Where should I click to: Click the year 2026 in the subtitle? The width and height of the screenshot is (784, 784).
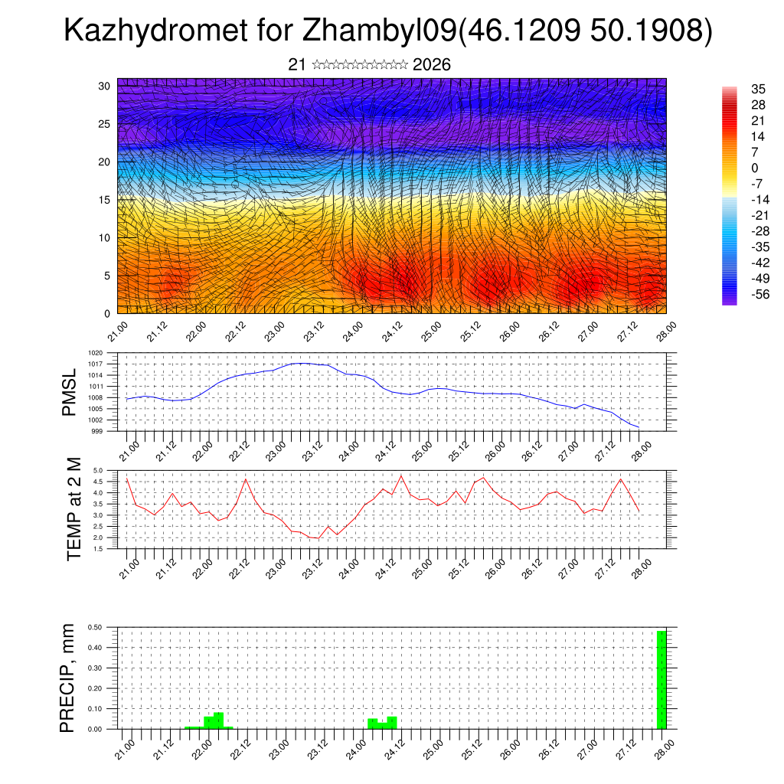coord(431,65)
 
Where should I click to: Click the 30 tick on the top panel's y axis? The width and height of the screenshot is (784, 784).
coord(105,86)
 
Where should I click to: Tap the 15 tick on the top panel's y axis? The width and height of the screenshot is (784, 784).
coord(105,200)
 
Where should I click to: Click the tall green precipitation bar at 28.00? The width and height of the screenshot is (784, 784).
coord(661,680)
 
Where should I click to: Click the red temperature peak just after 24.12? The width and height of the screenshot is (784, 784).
coord(401,476)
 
